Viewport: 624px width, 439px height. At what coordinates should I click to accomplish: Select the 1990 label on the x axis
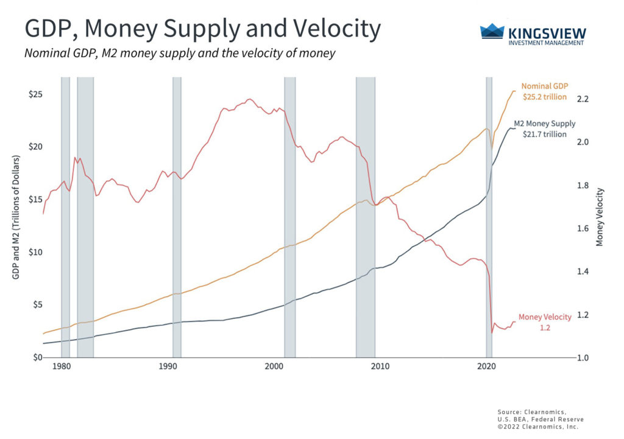pos(168,367)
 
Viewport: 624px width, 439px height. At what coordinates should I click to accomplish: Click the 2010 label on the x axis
pos(380,367)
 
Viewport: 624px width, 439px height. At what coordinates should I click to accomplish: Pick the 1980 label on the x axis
pos(61,367)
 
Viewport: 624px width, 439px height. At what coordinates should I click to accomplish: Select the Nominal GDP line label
pos(544,86)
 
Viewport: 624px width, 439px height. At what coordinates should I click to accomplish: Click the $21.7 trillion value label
pos(545,134)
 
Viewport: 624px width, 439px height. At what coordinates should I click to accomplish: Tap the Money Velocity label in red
pos(545,317)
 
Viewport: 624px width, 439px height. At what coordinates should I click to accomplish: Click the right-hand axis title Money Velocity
pos(600,217)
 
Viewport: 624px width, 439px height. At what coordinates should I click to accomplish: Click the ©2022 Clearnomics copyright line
pos(536,427)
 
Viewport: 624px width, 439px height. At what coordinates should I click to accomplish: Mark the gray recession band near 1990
pos(177,213)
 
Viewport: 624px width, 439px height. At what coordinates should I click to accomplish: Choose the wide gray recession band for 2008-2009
pos(366,213)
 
